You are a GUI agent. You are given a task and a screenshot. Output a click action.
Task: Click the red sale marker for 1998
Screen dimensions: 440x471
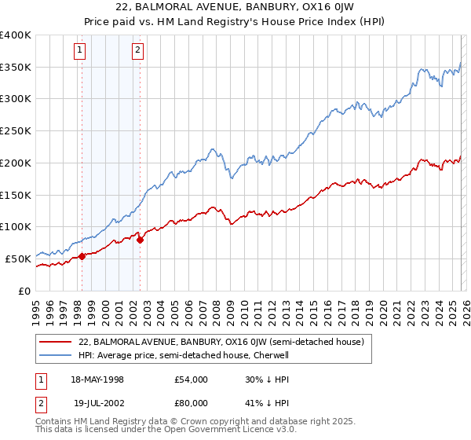coord(82,256)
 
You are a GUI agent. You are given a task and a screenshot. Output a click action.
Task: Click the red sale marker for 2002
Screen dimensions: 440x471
coord(140,240)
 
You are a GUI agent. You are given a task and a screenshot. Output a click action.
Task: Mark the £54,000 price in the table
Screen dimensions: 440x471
coord(191,379)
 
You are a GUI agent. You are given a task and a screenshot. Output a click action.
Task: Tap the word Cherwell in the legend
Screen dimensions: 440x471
coord(272,355)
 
